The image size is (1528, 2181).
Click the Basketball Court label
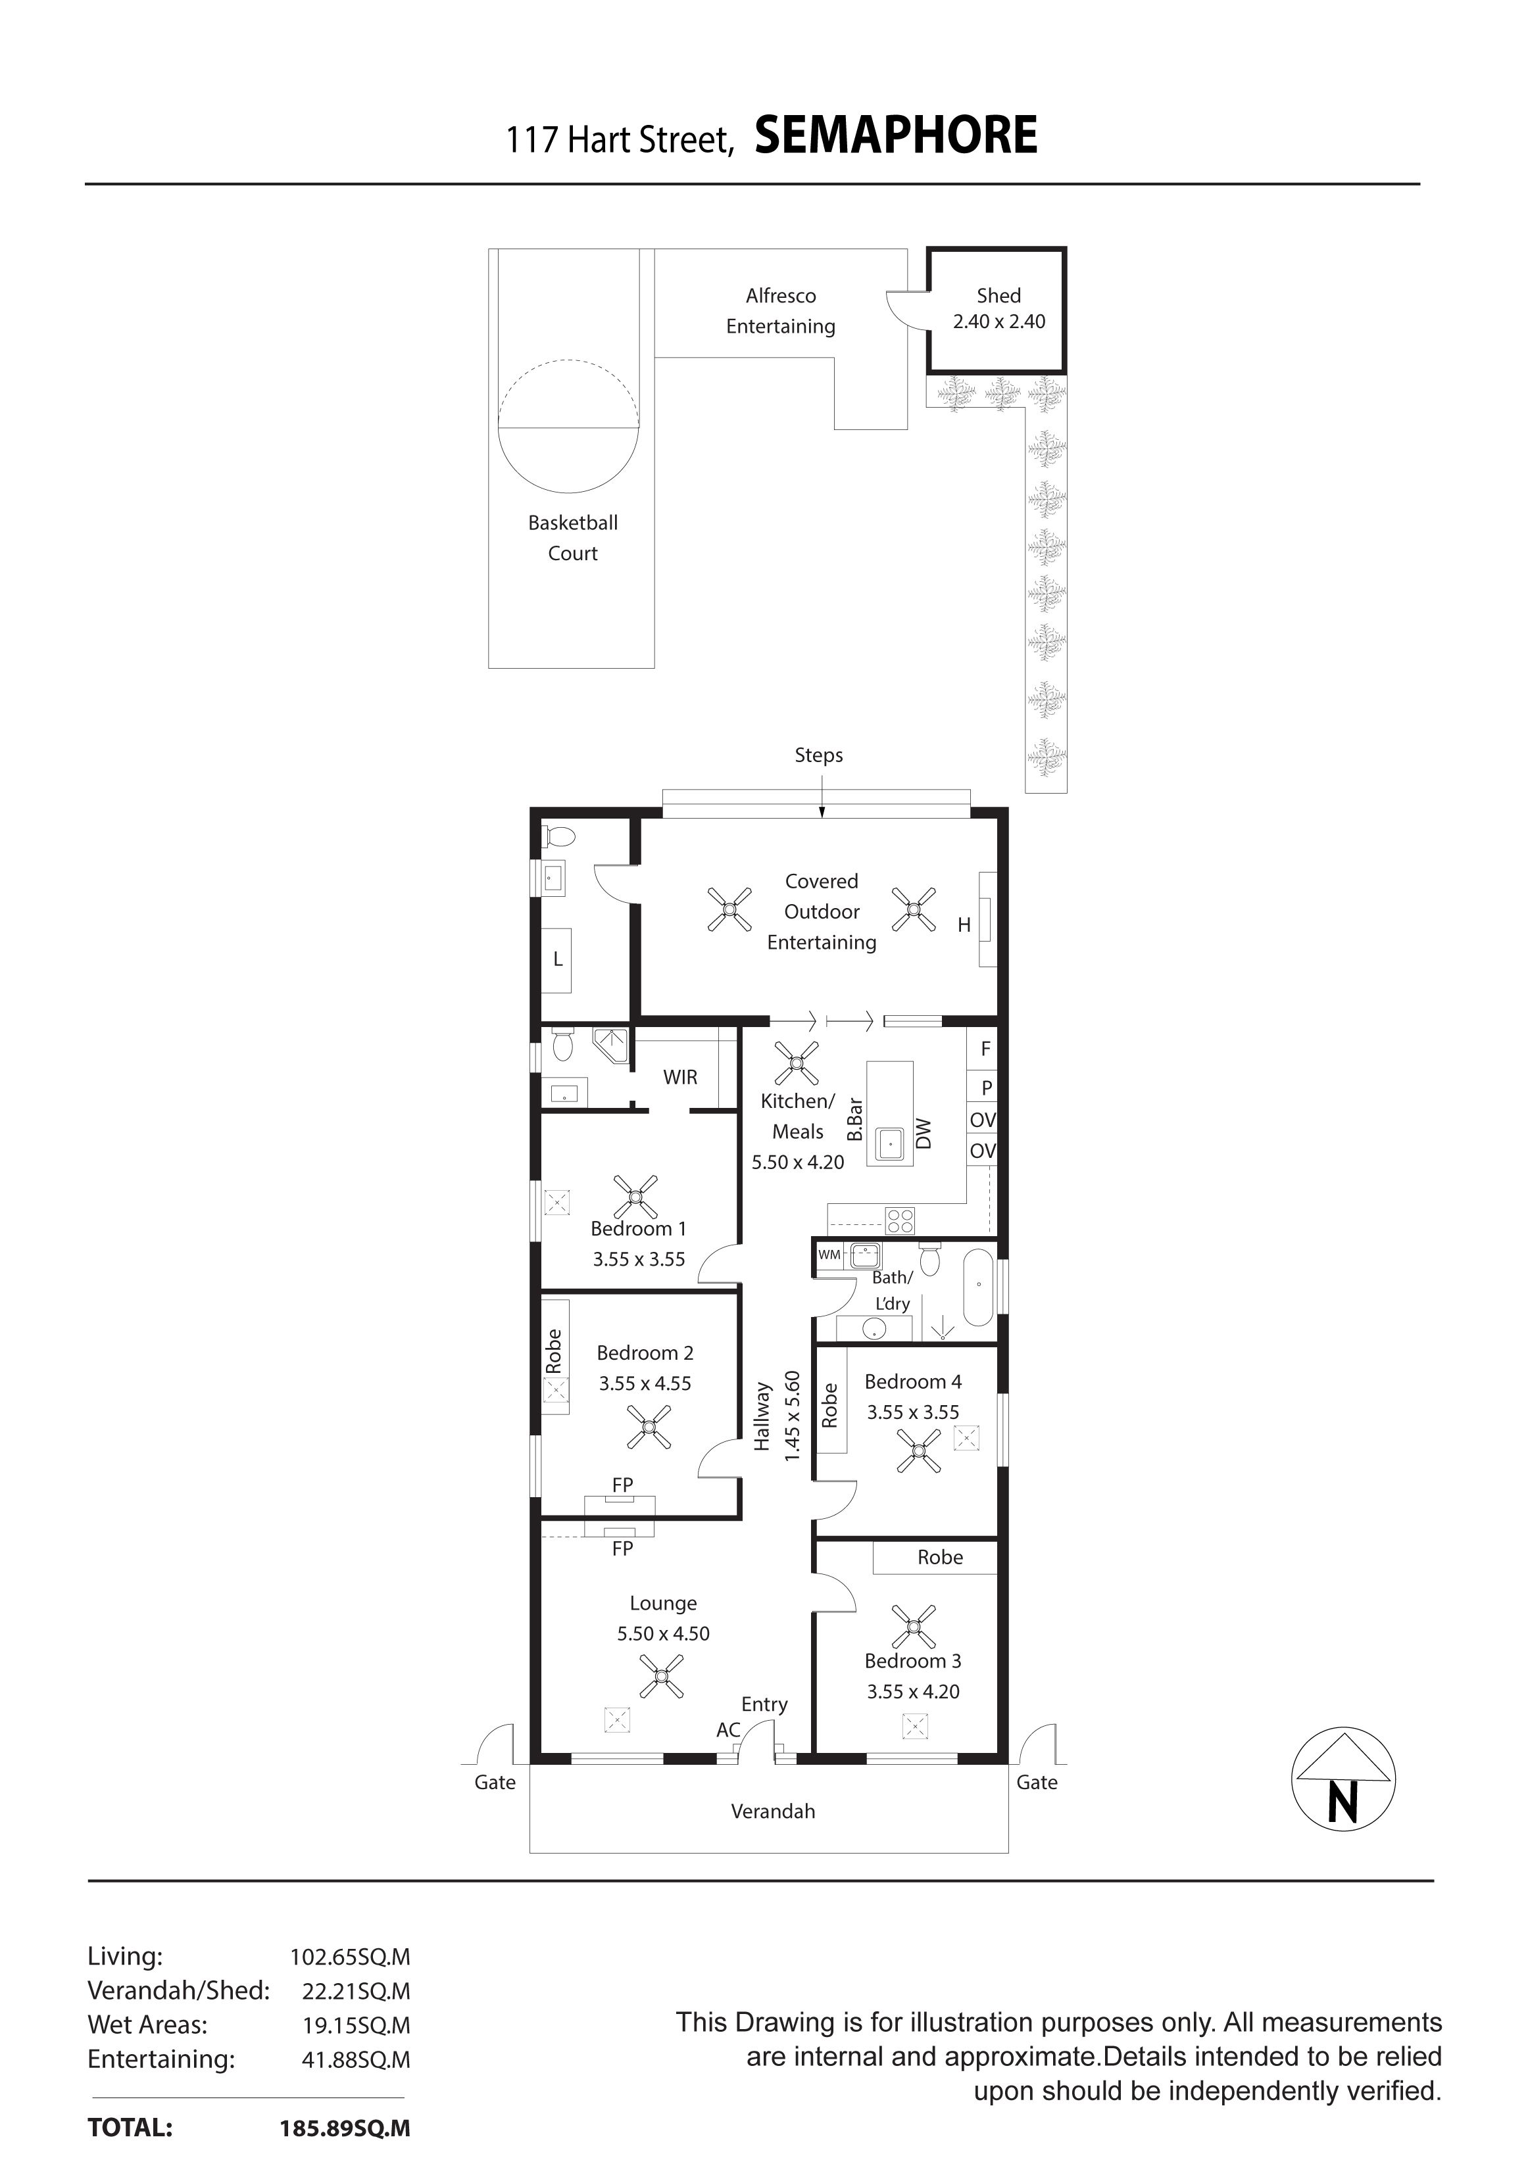pyautogui.click(x=573, y=538)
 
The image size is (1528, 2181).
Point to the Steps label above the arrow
pyautogui.click(x=818, y=755)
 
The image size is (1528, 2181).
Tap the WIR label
pyautogui.click(x=680, y=1077)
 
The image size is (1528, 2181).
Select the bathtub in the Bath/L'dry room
pyautogui.click(x=979, y=1289)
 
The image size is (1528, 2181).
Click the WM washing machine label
pyautogui.click(x=829, y=1254)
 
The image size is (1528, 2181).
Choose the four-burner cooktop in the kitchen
pyautogui.click(x=899, y=1220)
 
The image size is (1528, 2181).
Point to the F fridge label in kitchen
pyautogui.click(x=985, y=1049)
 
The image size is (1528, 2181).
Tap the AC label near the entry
pyautogui.click(x=728, y=1731)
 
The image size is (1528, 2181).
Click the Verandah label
pyautogui.click(x=773, y=1811)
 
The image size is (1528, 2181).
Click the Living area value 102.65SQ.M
pyautogui.click(x=350, y=1957)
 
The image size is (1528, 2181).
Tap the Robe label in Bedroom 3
pyautogui.click(x=940, y=1558)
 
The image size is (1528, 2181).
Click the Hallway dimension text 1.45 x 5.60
pyautogui.click(x=791, y=1416)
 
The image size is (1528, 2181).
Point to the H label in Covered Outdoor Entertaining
pyautogui.click(x=964, y=925)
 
